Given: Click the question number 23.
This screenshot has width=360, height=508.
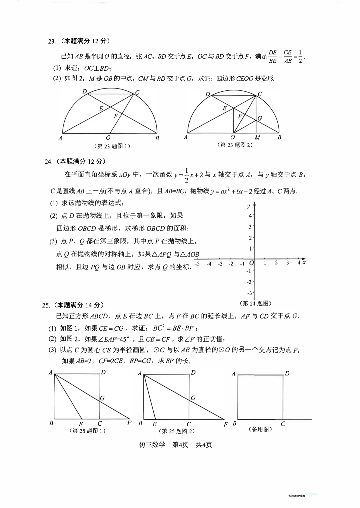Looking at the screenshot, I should [51, 41].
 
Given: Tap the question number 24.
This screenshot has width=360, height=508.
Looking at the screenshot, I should [48, 162].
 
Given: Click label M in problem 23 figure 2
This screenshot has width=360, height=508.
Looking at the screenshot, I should [257, 137].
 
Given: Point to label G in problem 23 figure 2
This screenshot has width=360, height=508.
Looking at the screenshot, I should [260, 118].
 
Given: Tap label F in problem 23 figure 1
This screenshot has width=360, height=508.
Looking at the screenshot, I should [116, 116].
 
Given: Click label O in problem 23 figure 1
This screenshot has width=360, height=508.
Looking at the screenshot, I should [108, 138].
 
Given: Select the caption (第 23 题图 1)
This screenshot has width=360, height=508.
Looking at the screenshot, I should [112, 146].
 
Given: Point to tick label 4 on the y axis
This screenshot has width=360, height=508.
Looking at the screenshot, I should [250, 216].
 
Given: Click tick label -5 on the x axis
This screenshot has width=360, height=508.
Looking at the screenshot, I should [197, 264].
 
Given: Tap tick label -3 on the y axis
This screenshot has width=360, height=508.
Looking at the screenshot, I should [249, 293].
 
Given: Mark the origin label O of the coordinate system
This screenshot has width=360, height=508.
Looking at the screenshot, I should [251, 263].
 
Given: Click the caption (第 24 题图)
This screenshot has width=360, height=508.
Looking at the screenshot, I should [256, 303].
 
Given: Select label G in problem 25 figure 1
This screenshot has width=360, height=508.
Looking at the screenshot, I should [102, 398].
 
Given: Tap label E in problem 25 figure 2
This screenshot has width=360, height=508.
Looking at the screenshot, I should [154, 424].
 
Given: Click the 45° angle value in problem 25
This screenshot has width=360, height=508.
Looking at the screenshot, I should [124, 339].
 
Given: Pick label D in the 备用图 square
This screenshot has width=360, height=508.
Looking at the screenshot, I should [287, 373].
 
